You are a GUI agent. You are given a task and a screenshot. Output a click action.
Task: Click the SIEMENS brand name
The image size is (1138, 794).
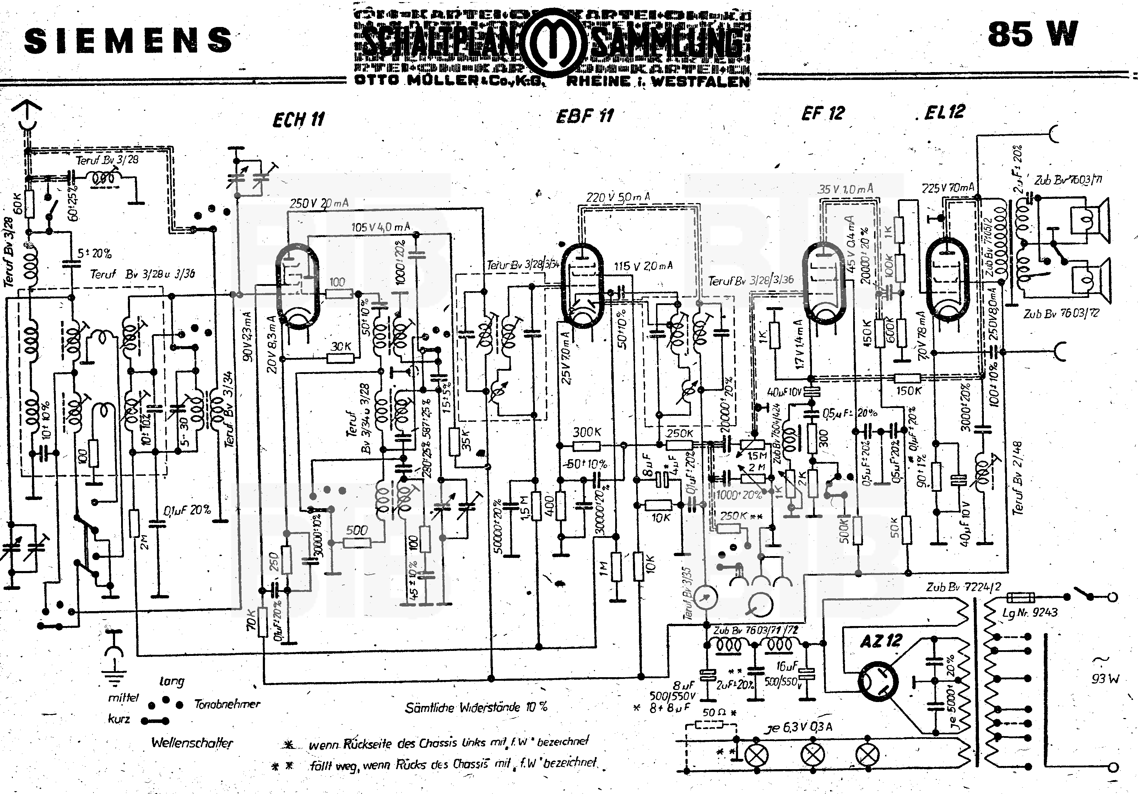(x=128, y=40)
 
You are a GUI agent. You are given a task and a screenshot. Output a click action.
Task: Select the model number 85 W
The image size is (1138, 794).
(x=1033, y=35)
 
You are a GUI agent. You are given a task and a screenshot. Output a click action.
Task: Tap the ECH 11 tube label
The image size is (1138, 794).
(x=299, y=119)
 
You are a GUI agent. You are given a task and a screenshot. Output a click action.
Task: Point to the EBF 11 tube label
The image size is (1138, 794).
(x=585, y=116)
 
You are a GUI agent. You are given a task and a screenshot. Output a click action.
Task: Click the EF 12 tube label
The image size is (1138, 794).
(x=823, y=114)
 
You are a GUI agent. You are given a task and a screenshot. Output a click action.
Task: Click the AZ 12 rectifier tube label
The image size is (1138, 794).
(x=881, y=641)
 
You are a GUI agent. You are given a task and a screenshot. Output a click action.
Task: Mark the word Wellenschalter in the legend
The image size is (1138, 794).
(x=192, y=743)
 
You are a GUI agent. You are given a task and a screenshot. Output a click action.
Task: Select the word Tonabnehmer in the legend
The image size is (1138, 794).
(x=227, y=704)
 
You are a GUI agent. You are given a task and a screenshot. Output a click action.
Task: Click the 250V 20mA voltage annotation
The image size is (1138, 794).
(x=319, y=203)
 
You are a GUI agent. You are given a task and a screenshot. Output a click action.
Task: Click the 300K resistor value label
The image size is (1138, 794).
(x=587, y=432)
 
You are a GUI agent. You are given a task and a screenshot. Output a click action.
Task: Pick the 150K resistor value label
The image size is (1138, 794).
(x=908, y=391)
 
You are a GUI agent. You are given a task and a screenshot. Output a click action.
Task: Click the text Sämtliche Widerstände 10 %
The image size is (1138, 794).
(x=476, y=707)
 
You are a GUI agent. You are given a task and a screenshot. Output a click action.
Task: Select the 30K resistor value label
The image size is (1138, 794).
(x=341, y=347)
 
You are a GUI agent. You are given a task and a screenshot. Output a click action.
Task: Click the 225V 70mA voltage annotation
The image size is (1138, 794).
(x=947, y=188)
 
